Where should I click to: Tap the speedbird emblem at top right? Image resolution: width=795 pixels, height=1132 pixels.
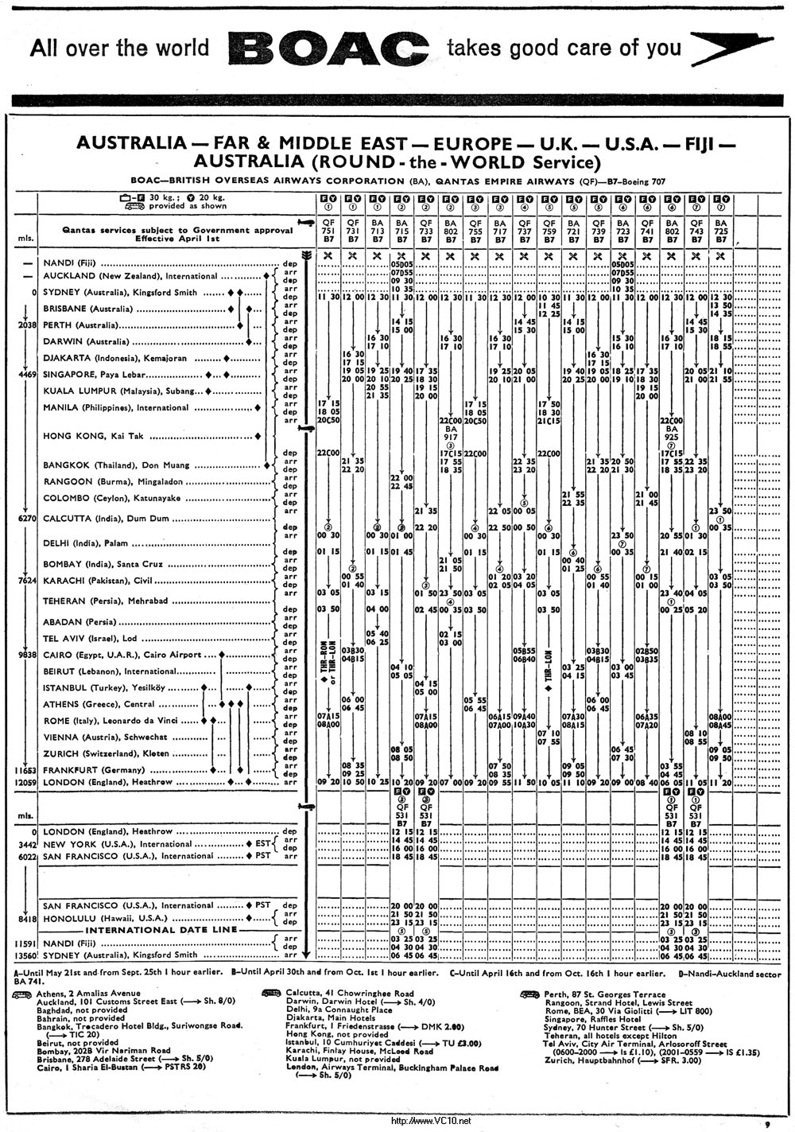pos(731,49)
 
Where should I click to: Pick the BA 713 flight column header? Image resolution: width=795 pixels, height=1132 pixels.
pos(377,231)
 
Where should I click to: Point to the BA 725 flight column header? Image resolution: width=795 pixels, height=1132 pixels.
pos(721,231)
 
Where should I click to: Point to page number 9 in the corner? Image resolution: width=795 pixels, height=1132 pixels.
pos(766,1124)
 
